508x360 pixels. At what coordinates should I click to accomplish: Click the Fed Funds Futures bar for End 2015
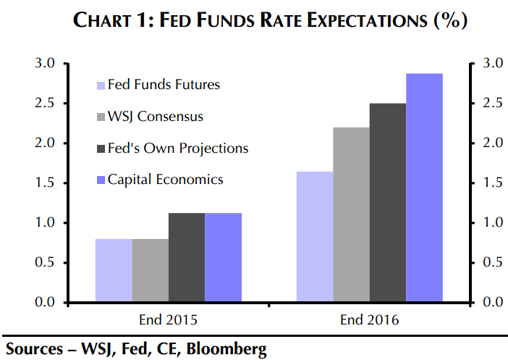point(114,269)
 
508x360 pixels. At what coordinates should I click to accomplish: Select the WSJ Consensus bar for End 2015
point(151,269)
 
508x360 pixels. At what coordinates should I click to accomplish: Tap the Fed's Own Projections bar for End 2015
point(187,257)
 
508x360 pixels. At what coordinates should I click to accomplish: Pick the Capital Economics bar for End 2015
point(223,257)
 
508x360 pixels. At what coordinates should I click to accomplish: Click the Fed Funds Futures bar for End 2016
point(315,236)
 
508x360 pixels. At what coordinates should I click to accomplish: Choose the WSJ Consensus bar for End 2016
point(351,214)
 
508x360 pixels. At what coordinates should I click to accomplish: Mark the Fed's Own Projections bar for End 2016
point(388,202)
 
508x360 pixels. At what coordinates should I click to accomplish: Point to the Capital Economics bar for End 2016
point(424,188)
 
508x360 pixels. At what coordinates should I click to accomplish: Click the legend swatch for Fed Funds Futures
point(101,85)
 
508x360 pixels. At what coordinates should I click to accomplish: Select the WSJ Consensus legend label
point(156,117)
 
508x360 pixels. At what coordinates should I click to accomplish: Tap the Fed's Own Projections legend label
point(177,148)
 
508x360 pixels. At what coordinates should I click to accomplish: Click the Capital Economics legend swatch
point(101,180)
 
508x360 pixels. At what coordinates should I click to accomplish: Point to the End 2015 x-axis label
point(169,319)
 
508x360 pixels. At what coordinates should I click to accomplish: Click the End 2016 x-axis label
point(370,319)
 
